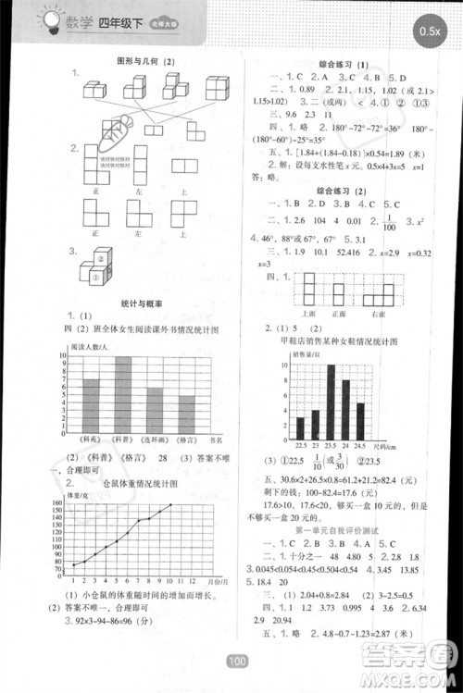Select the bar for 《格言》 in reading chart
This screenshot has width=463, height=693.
187,411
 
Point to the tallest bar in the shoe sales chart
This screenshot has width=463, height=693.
331,402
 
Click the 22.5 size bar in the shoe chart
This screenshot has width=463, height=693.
300,427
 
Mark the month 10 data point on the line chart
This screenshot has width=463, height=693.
170,505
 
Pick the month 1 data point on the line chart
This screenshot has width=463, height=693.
73,563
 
